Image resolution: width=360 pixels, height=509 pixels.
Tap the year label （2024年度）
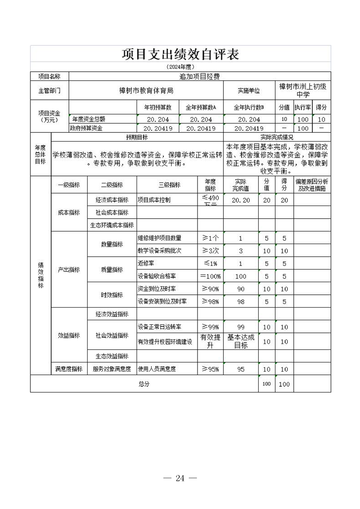[x=180, y=67]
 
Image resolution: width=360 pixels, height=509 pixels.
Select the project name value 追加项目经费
[x=199, y=77]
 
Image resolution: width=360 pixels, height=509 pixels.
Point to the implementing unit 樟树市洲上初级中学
[x=303, y=90]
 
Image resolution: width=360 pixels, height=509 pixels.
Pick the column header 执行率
[x=302, y=108]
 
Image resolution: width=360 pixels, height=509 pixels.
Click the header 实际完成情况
[x=277, y=137]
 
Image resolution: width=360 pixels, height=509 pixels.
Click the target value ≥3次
[x=210, y=251]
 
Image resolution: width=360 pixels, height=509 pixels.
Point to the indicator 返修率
[x=146, y=264]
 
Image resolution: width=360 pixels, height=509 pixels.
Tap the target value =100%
[x=210, y=276]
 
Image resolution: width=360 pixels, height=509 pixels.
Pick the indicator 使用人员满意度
[x=157, y=369]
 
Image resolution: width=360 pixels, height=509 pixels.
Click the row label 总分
[x=144, y=384]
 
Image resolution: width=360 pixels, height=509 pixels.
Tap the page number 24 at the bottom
[x=180, y=478]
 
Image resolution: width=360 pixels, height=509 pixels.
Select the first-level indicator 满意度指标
[x=69, y=369]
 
